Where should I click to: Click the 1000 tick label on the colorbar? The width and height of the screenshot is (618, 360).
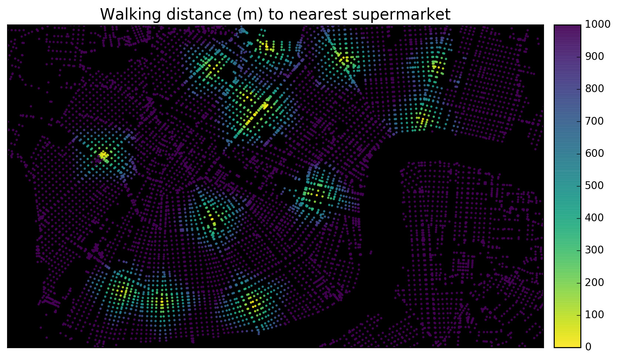[x=598, y=24]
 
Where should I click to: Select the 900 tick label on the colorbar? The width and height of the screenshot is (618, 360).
[x=594, y=57]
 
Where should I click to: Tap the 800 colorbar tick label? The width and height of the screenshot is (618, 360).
[x=594, y=89]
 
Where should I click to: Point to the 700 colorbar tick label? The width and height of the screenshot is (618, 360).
[x=594, y=121]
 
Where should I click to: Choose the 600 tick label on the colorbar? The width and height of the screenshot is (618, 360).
[x=594, y=153]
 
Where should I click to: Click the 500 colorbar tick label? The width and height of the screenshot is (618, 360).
[x=594, y=186]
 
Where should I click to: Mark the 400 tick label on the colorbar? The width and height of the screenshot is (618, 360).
[x=594, y=218]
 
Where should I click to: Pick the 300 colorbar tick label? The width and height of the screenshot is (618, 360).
[x=594, y=250]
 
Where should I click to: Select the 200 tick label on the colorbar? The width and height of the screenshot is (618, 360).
[x=594, y=282]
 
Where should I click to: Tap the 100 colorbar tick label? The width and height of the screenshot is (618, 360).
[x=594, y=315]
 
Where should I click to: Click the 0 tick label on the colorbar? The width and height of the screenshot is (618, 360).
[x=588, y=347]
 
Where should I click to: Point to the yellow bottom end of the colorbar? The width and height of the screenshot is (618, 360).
[x=567, y=343]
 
